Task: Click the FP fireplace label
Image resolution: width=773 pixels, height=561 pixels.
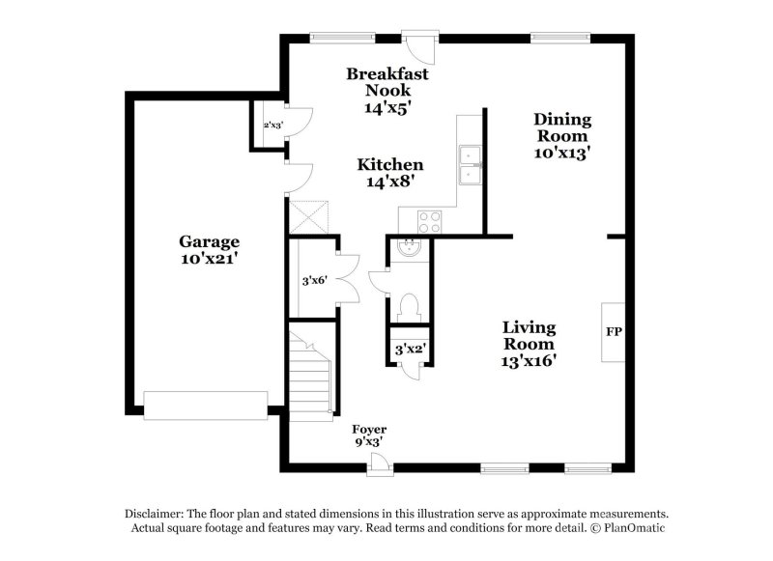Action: click(x=614, y=332)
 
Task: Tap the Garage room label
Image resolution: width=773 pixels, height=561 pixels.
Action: click(x=209, y=250)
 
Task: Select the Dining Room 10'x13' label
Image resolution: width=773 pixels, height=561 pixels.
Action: click(x=562, y=135)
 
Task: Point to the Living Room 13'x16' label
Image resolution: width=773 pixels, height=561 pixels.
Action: click(x=529, y=344)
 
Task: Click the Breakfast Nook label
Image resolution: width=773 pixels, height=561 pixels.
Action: click(x=387, y=91)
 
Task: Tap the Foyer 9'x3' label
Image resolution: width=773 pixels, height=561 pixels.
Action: click(x=369, y=435)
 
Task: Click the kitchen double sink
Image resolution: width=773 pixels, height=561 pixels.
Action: click(x=470, y=165)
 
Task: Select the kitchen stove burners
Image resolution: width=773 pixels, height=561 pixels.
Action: click(x=427, y=221)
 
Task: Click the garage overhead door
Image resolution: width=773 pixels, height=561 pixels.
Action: click(x=205, y=406)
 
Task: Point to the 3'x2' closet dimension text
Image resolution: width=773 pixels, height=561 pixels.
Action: click(x=407, y=349)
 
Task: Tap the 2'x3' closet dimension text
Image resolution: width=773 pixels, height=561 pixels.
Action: click(x=273, y=126)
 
